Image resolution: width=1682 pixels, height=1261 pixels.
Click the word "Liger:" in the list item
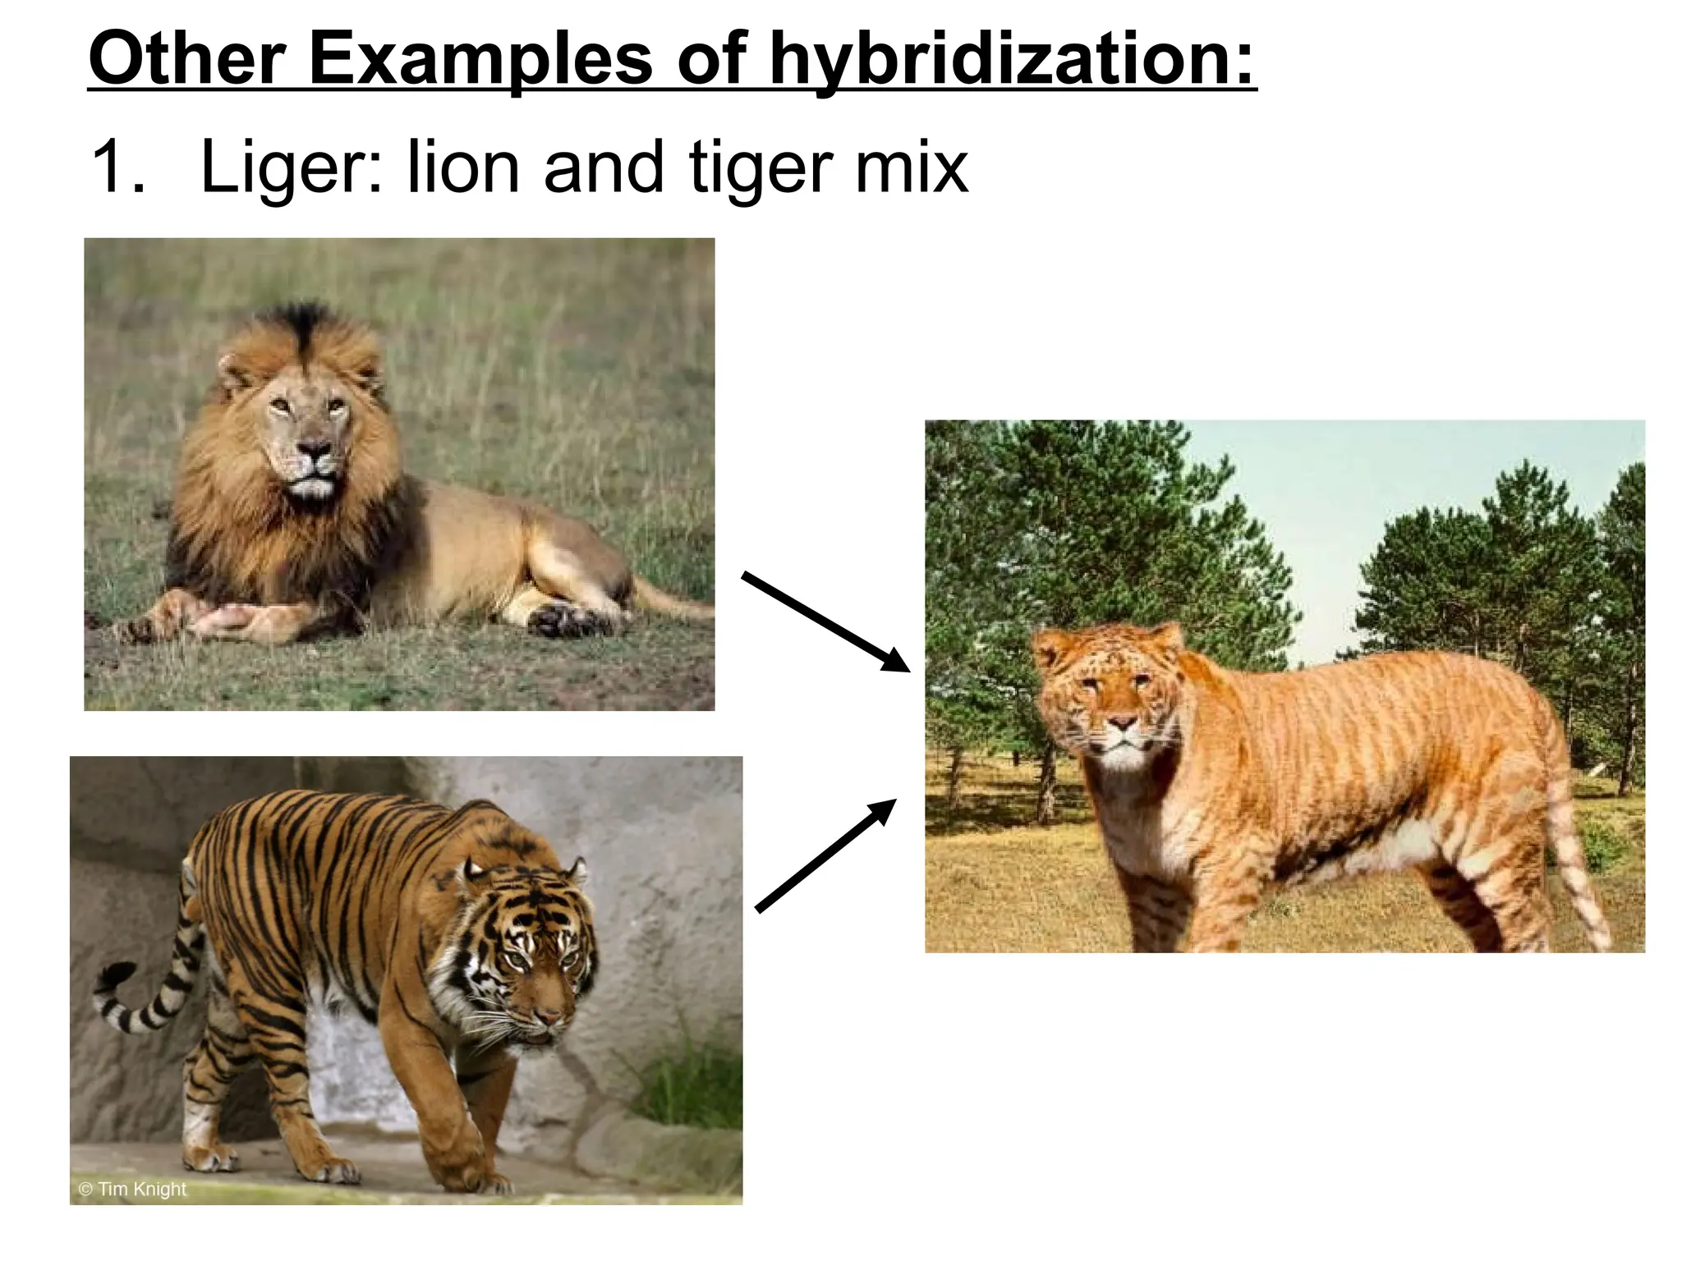click(292, 168)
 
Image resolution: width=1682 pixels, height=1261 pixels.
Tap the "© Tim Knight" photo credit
click(133, 1189)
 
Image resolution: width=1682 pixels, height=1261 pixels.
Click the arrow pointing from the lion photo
click(825, 621)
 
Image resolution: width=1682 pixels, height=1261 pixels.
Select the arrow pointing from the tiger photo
click(825, 854)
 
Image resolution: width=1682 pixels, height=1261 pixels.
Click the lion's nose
click(315, 449)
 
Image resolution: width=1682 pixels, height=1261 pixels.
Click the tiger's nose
click(549, 1019)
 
